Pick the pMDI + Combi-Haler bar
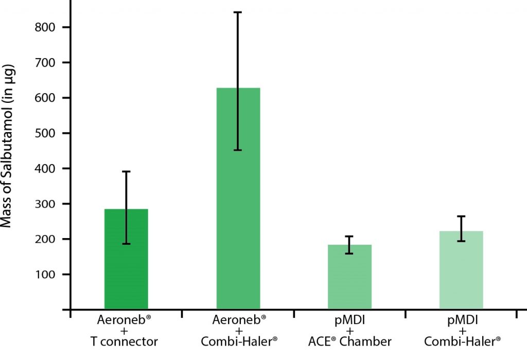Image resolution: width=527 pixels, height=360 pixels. [x=461, y=270]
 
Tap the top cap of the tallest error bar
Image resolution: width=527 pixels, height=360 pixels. [x=238, y=12]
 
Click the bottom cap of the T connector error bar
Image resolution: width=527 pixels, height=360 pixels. [x=126, y=244]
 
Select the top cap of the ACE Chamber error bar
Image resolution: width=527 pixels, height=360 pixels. [x=349, y=237]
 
